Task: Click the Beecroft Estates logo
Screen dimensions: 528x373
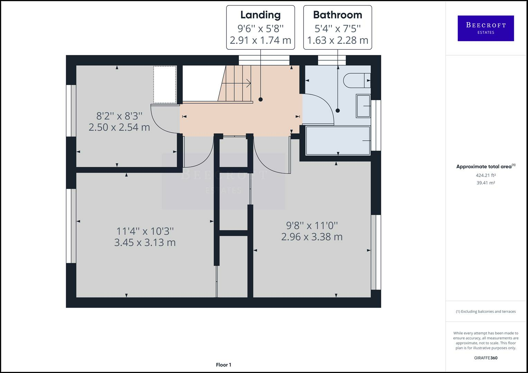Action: coord(486,28)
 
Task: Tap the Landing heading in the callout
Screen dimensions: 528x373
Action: coord(260,15)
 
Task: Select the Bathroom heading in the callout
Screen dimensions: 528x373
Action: coord(337,15)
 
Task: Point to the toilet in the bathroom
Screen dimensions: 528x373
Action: coord(357,80)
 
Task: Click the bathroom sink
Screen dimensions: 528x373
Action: coord(363,106)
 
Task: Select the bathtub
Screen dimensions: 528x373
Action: coord(338,141)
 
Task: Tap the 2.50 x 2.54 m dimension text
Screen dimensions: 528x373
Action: coord(119,127)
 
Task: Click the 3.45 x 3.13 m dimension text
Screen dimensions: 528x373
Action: coord(145,242)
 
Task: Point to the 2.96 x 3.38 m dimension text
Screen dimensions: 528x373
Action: coord(312,237)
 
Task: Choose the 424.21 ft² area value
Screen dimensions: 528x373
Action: coord(486,175)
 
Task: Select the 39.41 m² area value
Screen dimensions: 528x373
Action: coord(486,183)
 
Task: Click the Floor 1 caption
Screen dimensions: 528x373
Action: coord(223,365)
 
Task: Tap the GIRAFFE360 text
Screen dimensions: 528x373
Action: coord(486,358)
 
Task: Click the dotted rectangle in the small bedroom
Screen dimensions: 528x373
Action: coord(165,85)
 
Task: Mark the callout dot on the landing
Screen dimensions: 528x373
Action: coord(260,99)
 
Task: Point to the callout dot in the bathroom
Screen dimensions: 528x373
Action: coord(338,111)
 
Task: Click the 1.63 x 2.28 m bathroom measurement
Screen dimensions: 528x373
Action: coord(337,40)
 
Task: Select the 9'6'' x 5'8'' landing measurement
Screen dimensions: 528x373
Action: coord(260,28)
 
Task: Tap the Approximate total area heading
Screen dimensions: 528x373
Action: coord(486,166)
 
